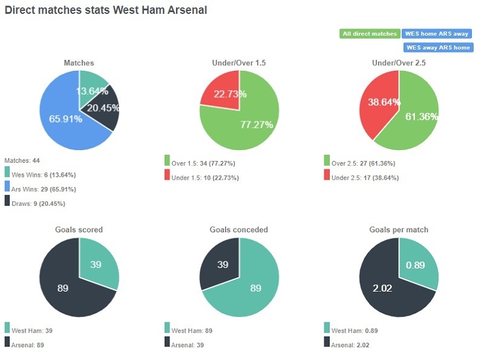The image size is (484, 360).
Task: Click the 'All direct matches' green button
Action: click(369, 34)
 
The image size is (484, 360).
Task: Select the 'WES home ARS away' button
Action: click(437, 34)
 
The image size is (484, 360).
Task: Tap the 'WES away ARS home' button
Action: click(438, 47)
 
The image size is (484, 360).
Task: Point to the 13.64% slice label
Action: click(93, 91)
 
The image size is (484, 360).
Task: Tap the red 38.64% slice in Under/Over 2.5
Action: click(380, 103)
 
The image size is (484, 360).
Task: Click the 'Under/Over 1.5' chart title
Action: click(240, 63)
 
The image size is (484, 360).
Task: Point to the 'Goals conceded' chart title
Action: click(239, 230)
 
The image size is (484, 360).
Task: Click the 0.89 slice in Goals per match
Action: click(416, 264)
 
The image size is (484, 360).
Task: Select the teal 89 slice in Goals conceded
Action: click(254, 287)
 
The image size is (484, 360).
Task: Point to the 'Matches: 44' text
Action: click(22, 160)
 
